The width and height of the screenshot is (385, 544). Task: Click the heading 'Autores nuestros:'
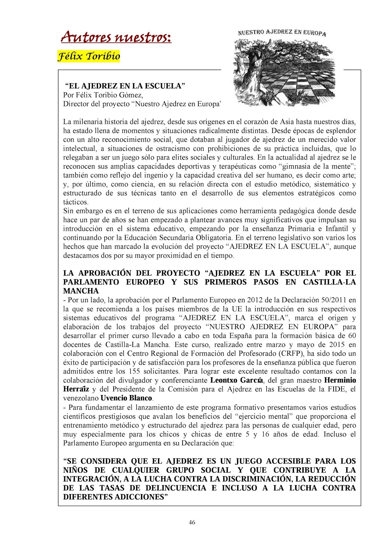(x=116, y=37)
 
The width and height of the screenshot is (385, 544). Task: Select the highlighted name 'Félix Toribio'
(x=89, y=56)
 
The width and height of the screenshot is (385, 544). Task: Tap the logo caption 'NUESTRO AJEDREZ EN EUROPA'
(x=282, y=33)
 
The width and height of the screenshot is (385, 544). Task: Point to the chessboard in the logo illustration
(x=300, y=82)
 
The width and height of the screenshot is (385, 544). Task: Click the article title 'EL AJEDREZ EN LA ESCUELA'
(x=125, y=86)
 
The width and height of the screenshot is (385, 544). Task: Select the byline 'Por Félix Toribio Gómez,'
(x=103, y=95)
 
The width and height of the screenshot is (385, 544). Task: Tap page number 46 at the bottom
(x=192, y=523)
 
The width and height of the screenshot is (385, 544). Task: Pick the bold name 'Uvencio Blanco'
(x=126, y=398)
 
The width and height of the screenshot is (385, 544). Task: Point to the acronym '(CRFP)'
(x=287, y=354)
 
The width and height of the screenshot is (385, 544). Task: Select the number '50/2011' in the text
(x=334, y=300)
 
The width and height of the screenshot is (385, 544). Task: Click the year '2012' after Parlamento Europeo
(x=255, y=300)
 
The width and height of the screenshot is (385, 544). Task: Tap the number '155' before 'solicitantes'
(x=135, y=371)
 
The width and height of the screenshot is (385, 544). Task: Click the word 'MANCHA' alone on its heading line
(x=81, y=291)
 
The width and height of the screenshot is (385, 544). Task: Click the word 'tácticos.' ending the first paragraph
(x=76, y=202)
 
